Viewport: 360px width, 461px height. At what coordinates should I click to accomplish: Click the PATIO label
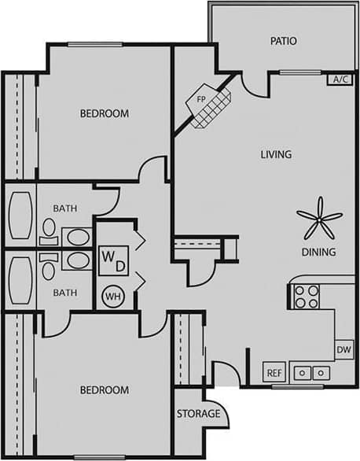(283, 40)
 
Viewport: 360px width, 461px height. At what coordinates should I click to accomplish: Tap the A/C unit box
(340, 79)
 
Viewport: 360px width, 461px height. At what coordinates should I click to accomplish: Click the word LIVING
(276, 154)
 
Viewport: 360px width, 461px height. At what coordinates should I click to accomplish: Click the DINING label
(318, 253)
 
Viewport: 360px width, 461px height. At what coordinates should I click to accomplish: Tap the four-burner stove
(306, 297)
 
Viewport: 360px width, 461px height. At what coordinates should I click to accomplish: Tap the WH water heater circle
(112, 297)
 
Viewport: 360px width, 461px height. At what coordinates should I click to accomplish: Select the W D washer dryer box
(112, 260)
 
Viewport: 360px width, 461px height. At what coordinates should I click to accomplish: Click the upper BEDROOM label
(105, 113)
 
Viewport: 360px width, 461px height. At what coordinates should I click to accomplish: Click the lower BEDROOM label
(105, 390)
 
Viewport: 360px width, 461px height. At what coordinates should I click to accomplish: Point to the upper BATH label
(65, 208)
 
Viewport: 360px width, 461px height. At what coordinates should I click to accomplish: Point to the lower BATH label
(65, 293)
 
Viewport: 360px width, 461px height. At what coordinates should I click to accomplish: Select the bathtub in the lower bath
(20, 279)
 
